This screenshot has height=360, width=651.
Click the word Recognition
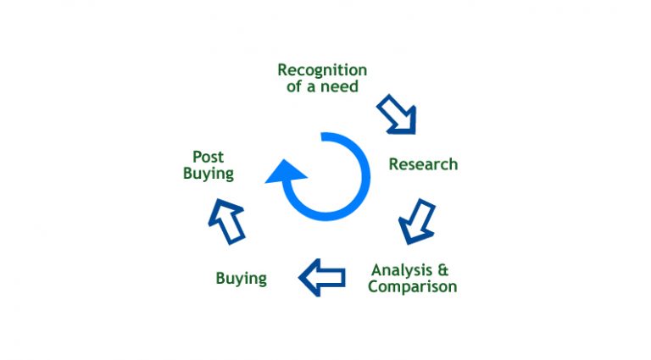point(322,69)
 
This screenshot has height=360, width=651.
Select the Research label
point(423,164)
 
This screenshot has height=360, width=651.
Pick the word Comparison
point(412,286)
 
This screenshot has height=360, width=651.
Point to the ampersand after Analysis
point(442,270)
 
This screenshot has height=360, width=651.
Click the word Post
point(208,157)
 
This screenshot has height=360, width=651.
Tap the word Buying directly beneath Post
point(208,173)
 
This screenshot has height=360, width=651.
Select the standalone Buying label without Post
point(241,278)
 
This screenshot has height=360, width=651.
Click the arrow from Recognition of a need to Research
point(398,114)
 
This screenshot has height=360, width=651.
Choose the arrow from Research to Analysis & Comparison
point(417,221)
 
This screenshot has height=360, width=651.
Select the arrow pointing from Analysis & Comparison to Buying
point(322,276)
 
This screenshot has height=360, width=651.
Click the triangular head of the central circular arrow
point(287,173)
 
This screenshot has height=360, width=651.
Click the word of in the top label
point(294,86)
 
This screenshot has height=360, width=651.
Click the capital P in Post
point(197,157)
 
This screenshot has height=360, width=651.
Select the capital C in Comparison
point(373,286)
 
